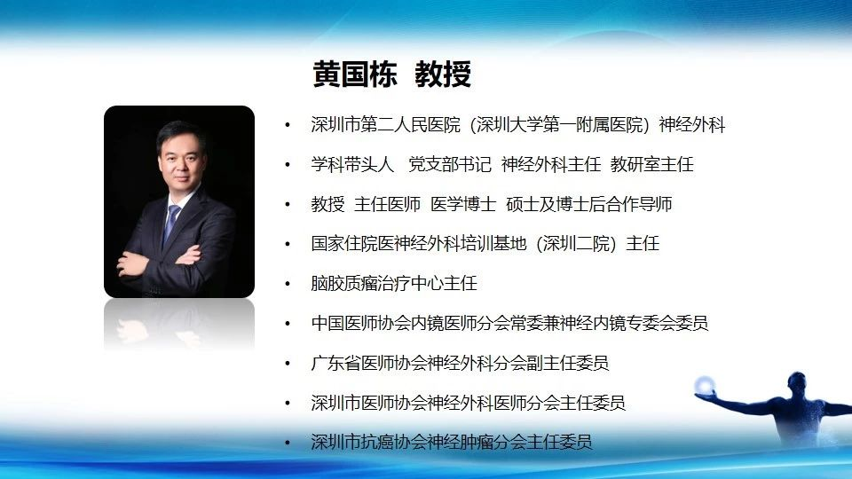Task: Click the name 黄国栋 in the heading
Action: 355,74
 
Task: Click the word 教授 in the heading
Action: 443,74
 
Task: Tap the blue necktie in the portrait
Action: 171,224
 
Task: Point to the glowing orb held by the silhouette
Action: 704,384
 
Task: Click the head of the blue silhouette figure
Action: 798,381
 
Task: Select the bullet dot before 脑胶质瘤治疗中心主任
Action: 288,284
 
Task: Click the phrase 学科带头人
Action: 352,164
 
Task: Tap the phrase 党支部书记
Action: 450,164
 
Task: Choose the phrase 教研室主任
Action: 652,164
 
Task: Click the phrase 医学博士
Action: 463,204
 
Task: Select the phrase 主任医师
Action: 388,204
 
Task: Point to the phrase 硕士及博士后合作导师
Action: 589,204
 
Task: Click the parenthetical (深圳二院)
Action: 576,244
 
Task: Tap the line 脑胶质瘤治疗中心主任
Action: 394,284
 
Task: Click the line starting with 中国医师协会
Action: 509,323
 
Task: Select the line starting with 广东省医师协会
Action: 460,363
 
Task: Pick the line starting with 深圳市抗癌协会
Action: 452,442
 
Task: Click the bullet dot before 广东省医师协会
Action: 288,364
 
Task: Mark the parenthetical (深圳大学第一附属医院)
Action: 560,125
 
